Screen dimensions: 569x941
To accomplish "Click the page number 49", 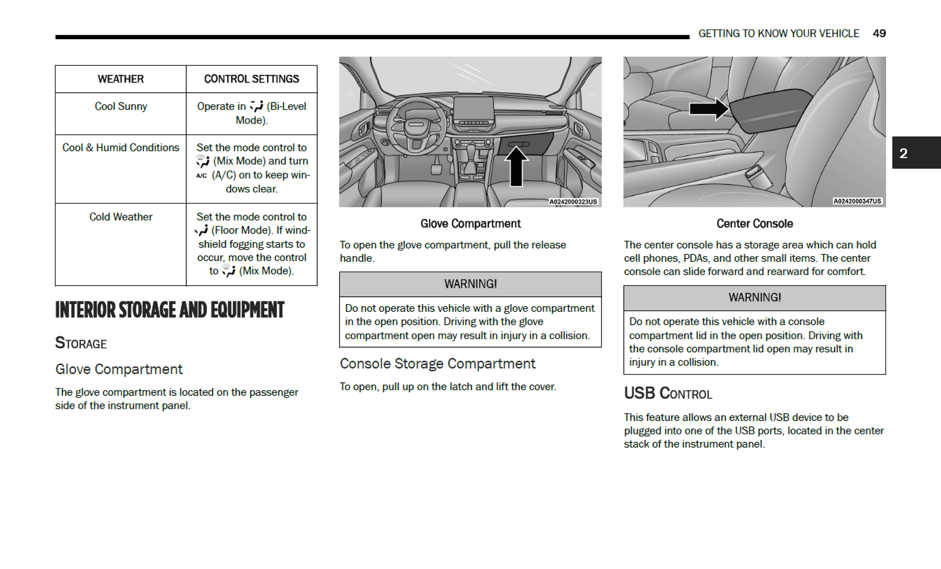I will point(879,33).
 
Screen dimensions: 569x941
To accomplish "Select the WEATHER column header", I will point(120,79).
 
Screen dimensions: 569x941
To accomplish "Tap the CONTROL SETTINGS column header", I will point(251,79).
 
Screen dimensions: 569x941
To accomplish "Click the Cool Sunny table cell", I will point(120,106).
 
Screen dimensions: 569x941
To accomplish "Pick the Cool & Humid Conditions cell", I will point(120,147).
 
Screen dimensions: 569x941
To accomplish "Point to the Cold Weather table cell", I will point(120,217).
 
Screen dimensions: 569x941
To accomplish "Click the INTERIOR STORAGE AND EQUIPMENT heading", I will point(170,310).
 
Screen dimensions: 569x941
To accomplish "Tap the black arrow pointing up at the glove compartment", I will point(516,167).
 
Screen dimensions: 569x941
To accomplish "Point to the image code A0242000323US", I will point(573,202).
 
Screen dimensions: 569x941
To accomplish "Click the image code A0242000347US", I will point(857,201).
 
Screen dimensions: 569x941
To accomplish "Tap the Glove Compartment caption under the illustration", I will point(470,223).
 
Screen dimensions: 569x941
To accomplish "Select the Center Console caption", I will point(754,223).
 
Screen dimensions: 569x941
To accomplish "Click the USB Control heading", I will point(668,393).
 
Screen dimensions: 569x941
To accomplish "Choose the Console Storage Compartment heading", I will point(437,364).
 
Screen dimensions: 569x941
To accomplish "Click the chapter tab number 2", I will point(903,153).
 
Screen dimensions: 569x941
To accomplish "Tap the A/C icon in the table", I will point(202,175).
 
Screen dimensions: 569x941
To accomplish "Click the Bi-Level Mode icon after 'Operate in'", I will point(256,106).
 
